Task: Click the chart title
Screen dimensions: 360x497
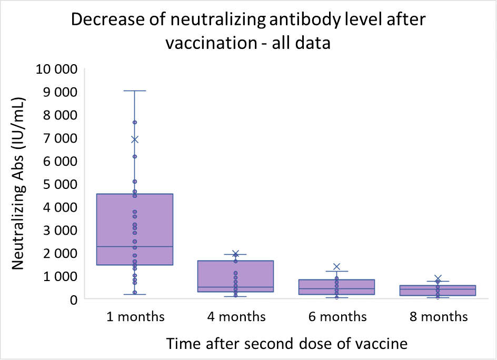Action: coord(248,31)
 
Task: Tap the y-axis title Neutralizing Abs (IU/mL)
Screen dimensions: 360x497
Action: coord(19,183)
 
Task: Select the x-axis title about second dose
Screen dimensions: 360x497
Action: coord(287,344)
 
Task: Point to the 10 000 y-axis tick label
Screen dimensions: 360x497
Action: coord(55,69)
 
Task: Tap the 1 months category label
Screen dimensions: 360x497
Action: coord(135,316)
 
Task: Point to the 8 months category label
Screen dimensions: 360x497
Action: coord(438,316)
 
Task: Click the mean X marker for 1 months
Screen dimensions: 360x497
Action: coord(135,139)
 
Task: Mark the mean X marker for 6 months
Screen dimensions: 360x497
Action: coord(337,267)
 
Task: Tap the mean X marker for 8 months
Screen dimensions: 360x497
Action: coord(438,278)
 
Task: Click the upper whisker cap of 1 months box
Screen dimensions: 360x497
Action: coord(135,91)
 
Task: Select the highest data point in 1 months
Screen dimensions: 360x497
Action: coord(135,123)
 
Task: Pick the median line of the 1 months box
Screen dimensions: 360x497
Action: coord(135,246)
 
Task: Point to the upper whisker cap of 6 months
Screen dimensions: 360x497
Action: coord(337,272)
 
